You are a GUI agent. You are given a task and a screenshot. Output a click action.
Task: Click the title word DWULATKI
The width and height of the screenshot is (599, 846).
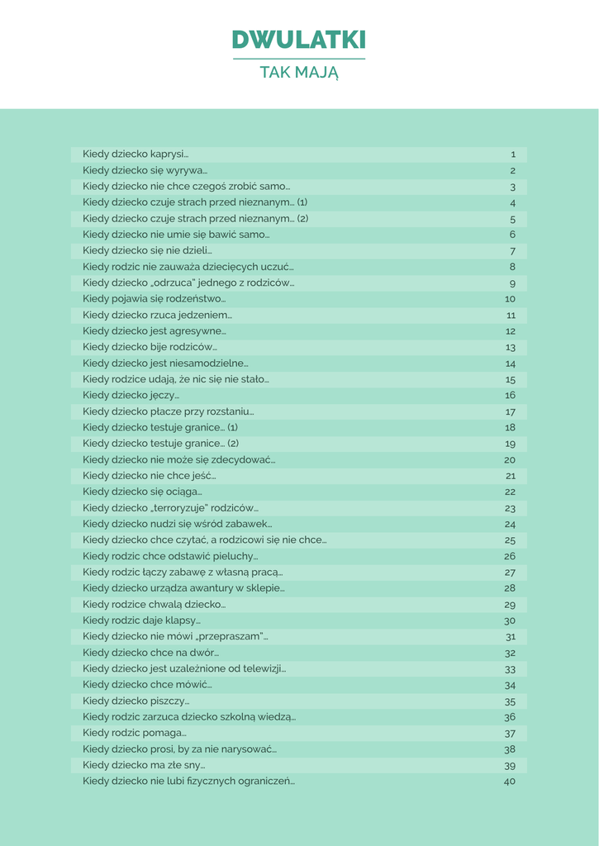298,40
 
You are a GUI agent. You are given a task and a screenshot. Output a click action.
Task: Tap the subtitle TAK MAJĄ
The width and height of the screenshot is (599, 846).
298,73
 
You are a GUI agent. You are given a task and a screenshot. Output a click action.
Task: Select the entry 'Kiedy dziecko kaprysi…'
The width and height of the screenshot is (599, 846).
135,154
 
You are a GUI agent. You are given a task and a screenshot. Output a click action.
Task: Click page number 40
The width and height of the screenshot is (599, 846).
509,781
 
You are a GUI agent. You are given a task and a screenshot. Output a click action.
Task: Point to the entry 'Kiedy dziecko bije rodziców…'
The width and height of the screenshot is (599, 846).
150,347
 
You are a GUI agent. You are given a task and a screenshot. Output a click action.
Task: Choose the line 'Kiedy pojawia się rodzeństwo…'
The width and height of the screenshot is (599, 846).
154,298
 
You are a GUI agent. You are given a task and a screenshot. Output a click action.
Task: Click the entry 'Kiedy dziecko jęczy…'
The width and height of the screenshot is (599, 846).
131,395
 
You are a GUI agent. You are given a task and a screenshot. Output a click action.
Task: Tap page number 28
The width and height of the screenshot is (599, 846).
510,588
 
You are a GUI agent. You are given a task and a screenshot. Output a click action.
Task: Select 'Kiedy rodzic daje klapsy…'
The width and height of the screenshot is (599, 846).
141,620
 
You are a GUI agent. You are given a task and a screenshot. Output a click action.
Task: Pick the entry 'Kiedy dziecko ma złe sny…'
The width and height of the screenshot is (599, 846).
144,765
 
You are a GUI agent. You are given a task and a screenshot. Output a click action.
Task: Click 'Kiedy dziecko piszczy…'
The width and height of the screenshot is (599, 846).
135,701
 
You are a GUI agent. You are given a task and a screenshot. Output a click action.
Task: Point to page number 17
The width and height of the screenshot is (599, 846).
510,411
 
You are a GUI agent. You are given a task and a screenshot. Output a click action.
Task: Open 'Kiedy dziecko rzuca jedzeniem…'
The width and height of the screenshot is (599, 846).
157,315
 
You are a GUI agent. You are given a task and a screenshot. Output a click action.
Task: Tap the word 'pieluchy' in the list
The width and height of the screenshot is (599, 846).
235,556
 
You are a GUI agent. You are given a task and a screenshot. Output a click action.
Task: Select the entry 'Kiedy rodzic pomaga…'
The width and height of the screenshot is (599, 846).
134,733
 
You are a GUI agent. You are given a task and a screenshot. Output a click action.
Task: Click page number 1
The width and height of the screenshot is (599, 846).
512,154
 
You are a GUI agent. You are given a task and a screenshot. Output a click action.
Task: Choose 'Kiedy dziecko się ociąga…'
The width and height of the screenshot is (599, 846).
142,492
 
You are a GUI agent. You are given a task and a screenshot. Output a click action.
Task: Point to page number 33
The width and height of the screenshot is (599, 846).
510,668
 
